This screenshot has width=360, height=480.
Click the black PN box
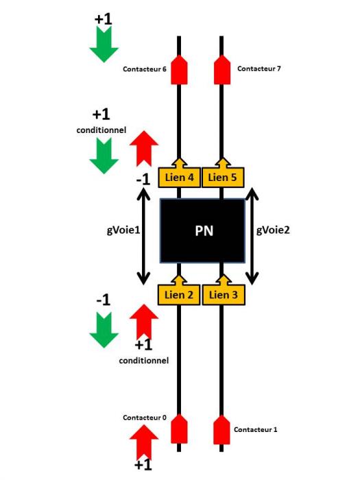tap(203, 231)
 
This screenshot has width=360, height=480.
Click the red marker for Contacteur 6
tap(179, 69)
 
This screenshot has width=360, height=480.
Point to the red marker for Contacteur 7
tap(222, 69)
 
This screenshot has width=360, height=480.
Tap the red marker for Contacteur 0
tap(179, 429)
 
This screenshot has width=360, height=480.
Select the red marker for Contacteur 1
tap(221, 429)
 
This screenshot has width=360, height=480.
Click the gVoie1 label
tap(123, 230)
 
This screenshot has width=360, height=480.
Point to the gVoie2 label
tap(273, 230)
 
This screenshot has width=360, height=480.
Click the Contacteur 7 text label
tap(259, 69)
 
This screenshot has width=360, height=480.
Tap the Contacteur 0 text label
tap(145, 418)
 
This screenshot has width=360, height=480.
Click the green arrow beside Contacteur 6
tap(104, 45)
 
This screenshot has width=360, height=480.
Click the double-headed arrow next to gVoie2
tap(252, 237)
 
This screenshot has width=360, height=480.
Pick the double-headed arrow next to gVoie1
tap(143, 237)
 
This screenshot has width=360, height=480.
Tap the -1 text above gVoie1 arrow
tap(143, 180)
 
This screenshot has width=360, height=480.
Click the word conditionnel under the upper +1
tap(101, 130)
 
